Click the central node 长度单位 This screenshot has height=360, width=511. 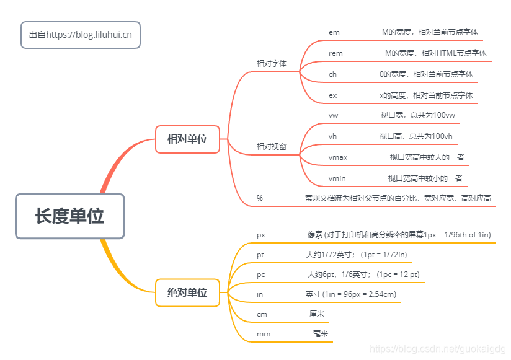pos(69,216)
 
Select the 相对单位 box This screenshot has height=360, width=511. pos(187,139)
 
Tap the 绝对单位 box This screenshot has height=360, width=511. pos(187,292)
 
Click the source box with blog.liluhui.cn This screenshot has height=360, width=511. pos(81,35)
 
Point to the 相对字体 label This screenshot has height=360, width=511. pos(272,63)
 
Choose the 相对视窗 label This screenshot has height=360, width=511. pos(272,147)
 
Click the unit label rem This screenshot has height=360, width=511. pos(335,53)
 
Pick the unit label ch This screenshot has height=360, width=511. pos(333,74)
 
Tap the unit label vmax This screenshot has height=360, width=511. pos(338,157)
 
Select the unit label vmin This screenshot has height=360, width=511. pos(337,178)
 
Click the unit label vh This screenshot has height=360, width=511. pos(333,136)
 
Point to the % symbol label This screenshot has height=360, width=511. pos(260,198)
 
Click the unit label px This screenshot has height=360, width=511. pos(261,235)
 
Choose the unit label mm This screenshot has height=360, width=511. pos(264,334)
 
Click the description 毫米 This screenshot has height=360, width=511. pos(321,334)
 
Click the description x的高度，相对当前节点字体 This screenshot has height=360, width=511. pos(426,95)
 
